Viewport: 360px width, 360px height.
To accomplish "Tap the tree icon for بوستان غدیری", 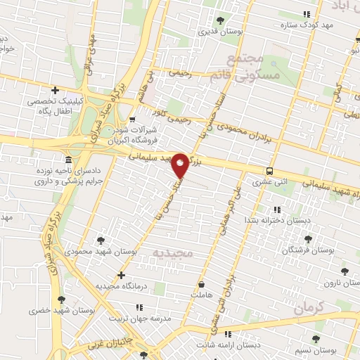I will pos(221,20).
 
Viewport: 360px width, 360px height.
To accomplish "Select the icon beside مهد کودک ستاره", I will pos(305,15).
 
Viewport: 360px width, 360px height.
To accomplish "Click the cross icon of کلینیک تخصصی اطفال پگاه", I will pos(55,89).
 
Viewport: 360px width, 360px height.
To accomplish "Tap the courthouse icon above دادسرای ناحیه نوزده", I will pos(67,159).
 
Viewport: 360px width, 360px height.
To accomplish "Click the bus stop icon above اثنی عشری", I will pos(270,171).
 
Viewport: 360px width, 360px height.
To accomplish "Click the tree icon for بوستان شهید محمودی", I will pos(103,239).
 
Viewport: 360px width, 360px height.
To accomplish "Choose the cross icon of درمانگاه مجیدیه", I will pos(122,275).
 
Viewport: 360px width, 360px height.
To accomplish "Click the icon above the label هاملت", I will pos(202,285).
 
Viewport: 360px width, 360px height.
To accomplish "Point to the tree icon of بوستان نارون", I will pos(344,271).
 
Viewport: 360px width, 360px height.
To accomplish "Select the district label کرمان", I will pos(308,308).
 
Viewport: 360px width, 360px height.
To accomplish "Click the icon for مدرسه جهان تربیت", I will pos(140,307).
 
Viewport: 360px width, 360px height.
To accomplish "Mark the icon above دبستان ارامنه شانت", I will pos(226,334).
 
